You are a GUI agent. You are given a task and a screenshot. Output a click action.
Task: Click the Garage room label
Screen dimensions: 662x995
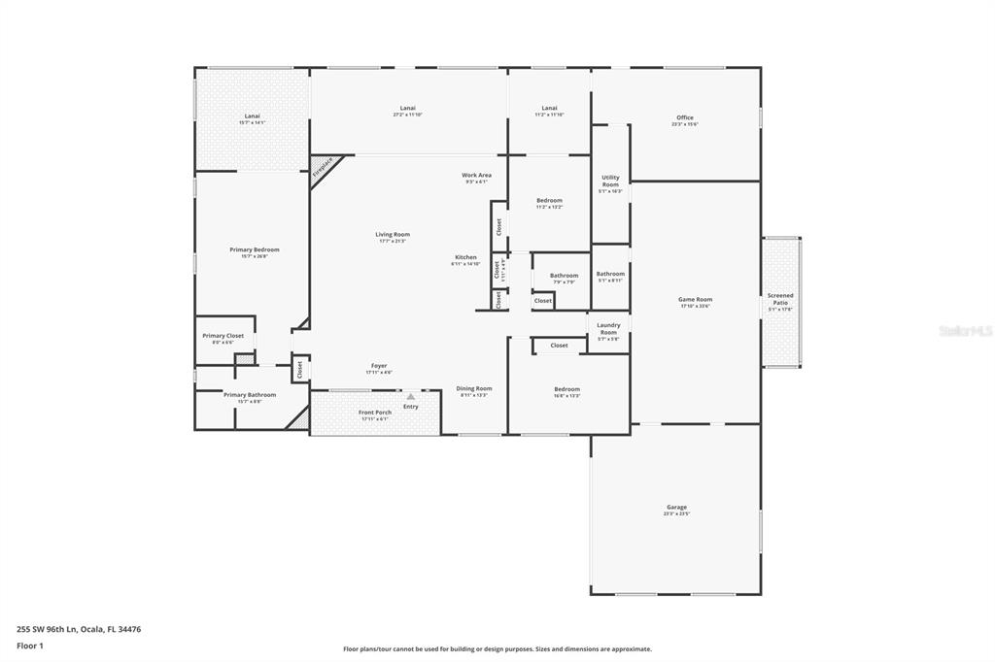coord(676,508)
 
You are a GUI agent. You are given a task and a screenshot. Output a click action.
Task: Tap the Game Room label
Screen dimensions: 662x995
coord(695,300)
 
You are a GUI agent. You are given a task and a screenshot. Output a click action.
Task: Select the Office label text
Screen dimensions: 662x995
coord(684,117)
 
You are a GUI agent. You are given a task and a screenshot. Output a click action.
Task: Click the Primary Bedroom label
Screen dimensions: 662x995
coord(254,250)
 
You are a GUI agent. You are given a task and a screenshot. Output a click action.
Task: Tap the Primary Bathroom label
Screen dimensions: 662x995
coord(250,395)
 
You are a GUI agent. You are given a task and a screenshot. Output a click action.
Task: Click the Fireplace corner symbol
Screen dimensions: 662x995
coord(322,166)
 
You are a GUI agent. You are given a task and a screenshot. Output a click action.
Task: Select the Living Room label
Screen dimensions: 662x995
coord(393,234)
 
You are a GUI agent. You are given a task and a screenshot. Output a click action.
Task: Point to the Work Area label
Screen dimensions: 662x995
coord(476,175)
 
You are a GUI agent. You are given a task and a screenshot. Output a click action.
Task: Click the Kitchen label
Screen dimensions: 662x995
coord(465,257)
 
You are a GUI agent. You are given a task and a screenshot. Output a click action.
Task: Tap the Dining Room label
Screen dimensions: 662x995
coord(474,389)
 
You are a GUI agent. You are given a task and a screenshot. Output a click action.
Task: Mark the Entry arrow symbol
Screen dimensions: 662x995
coord(411,397)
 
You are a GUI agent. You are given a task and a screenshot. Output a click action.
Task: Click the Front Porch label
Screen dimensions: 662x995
coord(375,413)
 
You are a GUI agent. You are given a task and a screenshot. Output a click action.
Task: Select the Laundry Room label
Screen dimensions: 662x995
coord(608,328)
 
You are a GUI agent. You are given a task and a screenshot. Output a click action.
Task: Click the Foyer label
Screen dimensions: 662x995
coord(379,366)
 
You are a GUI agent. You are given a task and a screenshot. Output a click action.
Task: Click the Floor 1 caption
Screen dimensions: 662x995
coord(30,645)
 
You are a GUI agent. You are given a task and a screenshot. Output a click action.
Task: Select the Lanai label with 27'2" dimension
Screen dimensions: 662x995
coord(407,108)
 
